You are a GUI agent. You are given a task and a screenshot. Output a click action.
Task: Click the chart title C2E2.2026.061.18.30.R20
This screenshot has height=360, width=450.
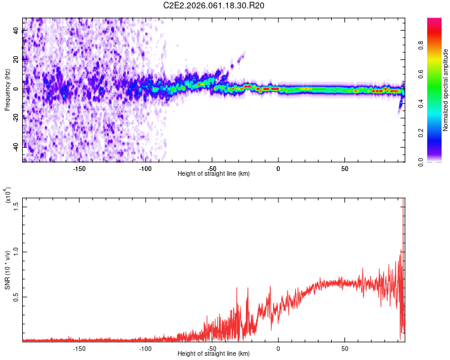214,5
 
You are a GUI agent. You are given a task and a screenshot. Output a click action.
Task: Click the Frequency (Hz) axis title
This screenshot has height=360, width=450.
7,90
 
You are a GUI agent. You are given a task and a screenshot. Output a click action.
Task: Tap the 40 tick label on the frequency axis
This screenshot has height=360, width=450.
16,31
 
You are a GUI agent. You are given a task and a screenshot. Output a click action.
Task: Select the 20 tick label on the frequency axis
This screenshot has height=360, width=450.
16,60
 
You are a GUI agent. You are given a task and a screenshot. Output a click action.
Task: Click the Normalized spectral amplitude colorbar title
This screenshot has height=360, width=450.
446,90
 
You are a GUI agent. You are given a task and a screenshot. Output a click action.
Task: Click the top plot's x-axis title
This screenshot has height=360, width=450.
214,173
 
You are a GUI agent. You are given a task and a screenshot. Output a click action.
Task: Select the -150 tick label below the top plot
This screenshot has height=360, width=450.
79,169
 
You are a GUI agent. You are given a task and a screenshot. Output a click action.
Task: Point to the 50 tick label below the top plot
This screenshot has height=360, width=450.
344,169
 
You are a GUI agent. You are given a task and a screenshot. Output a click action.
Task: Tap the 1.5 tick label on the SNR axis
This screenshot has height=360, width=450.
16,206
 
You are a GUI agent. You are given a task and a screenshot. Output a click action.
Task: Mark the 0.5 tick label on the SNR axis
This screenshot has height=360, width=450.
16,296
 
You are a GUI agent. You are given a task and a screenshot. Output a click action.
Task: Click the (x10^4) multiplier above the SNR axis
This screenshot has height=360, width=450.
7,195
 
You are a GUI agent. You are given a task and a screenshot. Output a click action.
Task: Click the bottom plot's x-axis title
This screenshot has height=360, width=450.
214,354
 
